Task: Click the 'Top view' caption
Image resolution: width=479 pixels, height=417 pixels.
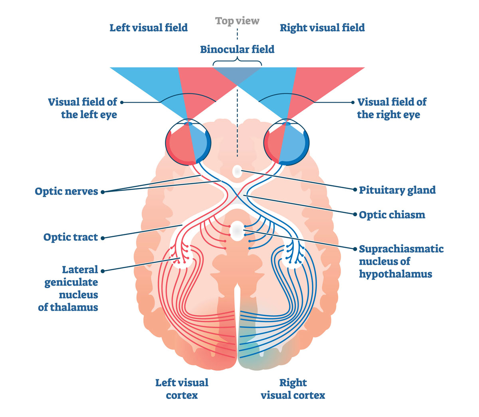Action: (237, 21)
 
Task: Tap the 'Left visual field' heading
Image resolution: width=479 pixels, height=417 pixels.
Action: (148, 28)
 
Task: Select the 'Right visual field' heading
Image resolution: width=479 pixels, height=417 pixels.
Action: (322, 28)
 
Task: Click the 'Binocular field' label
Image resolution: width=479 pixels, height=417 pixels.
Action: (237, 49)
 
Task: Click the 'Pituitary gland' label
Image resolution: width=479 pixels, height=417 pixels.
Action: (397, 190)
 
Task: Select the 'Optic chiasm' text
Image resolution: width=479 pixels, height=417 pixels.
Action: (392, 215)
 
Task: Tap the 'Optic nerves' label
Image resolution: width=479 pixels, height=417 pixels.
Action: (66, 192)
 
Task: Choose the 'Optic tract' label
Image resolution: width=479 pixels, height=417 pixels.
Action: (71, 237)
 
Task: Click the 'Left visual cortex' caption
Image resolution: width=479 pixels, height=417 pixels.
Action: (182, 389)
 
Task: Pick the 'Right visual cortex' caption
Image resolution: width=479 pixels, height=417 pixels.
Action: (293, 389)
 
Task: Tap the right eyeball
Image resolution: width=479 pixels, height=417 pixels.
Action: (287, 143)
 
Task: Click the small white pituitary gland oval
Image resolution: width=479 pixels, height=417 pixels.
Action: (237, 172)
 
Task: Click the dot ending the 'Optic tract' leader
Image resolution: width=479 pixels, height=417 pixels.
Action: (103, 238)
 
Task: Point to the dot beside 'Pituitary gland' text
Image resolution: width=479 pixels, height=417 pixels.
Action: (355, 190)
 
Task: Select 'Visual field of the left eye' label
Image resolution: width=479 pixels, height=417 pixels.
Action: (83, 108)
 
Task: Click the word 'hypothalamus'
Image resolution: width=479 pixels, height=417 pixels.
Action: (395, 274)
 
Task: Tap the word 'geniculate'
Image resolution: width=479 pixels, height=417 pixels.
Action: (71, 283)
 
